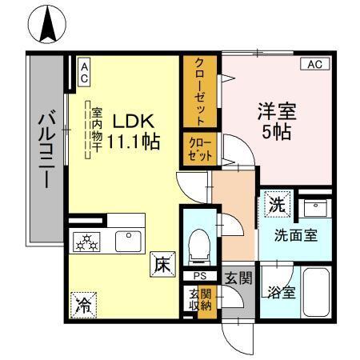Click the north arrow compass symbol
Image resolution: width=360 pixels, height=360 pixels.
pos(47,25)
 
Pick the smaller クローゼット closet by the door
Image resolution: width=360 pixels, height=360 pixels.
pos(199,150)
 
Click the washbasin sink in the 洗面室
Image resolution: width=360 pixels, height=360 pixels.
pos(315,210)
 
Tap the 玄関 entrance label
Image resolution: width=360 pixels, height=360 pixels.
pos(238,278)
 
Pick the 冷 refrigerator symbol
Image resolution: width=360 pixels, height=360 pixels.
pos(82,303)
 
